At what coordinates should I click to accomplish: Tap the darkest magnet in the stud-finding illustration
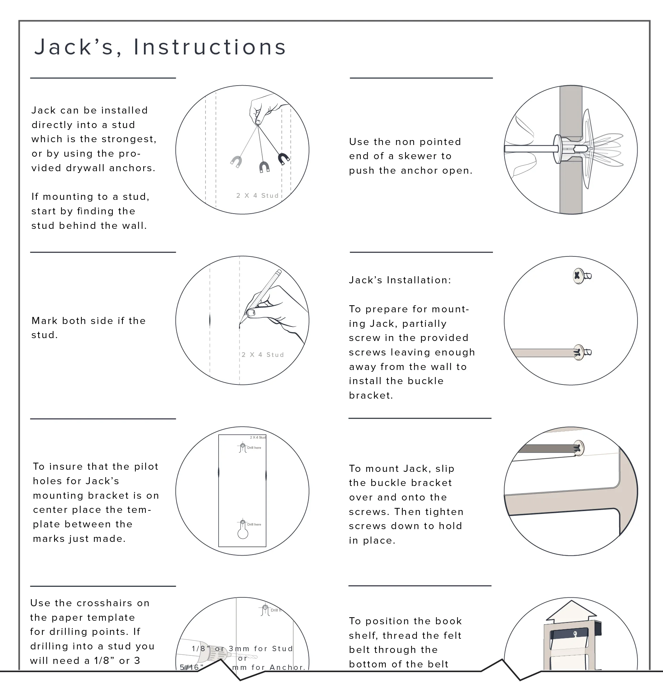(x=284, y=158)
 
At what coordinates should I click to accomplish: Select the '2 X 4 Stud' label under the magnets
(x=258, y=196)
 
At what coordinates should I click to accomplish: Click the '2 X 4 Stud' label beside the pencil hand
(x=263, y=355)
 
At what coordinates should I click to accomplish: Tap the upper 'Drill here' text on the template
(x=254, y=448)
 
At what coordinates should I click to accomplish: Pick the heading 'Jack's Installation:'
(x=400, y=280)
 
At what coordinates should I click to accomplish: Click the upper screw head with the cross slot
(x=578, y=275)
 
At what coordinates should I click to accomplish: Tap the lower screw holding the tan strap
(x=579, y=352)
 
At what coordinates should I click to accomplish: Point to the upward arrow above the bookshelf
(x=571, y=614)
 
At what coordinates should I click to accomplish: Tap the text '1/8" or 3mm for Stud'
(x=243, y=649)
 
